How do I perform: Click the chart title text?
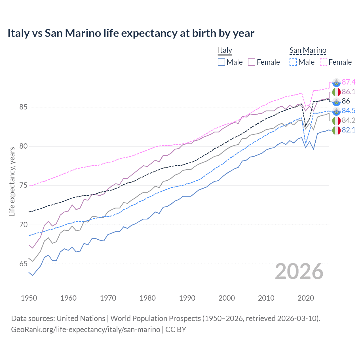click(x=131, y=33)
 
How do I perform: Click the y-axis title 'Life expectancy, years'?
click(x=12, y=181)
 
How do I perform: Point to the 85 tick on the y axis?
click(x=24, y=107)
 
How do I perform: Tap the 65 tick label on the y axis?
click(x=24, y=264)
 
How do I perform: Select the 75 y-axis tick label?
click(x=24, y=185)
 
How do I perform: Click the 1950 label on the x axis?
click(x=29, y=298)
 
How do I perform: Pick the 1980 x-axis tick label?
click(x=147, y=298)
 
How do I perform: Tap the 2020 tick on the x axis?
click(x=306, y=298)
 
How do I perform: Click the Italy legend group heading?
click(x=225, y=50)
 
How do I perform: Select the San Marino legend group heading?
click(x=308, y=50)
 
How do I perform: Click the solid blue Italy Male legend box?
click(x=221, y=62)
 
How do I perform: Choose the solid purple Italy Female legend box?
click(x=252, y=62)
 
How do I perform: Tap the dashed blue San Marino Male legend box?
click(x=293, y=62)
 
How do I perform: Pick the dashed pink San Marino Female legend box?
click(x=323, y=62)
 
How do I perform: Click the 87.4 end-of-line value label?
click(x=349, y=82)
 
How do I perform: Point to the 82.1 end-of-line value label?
click(x=349, y=130)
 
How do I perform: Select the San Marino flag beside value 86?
click(x=336, y=101)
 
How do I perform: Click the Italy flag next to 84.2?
click(x=336, y=121)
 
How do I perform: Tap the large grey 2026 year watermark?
click(x=299, y=272)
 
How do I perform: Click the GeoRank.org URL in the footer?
click(x=86, y=330)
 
